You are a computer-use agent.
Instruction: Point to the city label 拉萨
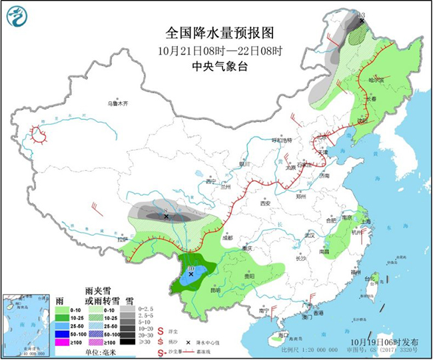pyautogui.click(x=121, y=239)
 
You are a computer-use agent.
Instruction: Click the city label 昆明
pyautogui.click(x=215, y=290)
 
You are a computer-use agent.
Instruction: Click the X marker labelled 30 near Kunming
pyautogui.click(x=191, y=274)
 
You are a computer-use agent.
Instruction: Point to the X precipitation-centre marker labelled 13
pyautogui.click(x=362, y=21)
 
